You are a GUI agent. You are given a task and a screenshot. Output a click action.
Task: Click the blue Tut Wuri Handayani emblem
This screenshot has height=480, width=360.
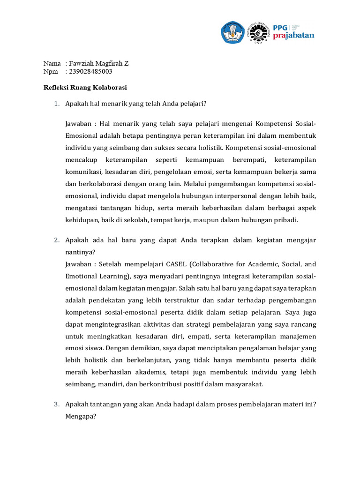[233, 32]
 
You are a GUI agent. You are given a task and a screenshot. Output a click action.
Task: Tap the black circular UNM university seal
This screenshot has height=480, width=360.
[258, 32]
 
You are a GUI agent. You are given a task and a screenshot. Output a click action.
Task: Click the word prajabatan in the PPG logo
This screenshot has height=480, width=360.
[293, 36]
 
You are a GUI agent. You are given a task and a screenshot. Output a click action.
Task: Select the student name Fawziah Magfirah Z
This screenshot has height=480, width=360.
[98, 63]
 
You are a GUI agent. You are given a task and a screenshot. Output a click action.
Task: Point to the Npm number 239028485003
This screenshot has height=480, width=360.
[90, 72]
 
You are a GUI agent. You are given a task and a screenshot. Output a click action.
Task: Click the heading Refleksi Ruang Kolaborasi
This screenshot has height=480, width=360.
[85, 87]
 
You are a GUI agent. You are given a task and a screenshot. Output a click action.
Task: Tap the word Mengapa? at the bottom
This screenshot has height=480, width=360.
[81, 415]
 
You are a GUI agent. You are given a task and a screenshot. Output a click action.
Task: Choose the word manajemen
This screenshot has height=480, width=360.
[298, 337]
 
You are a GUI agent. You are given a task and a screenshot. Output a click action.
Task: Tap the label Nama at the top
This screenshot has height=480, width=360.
[52, 63]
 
